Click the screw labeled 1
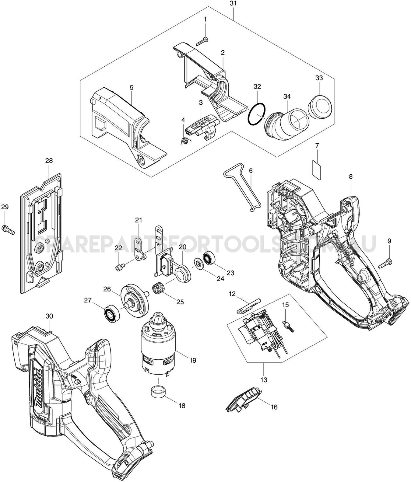click(x=202, y=41)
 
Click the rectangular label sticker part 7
click(x=317, y=167)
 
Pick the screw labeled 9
click(x=386, y=263)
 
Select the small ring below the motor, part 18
click(x=158, y=390)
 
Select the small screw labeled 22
click(x=119, y=267)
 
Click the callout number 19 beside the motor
click(x=192, y=360)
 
